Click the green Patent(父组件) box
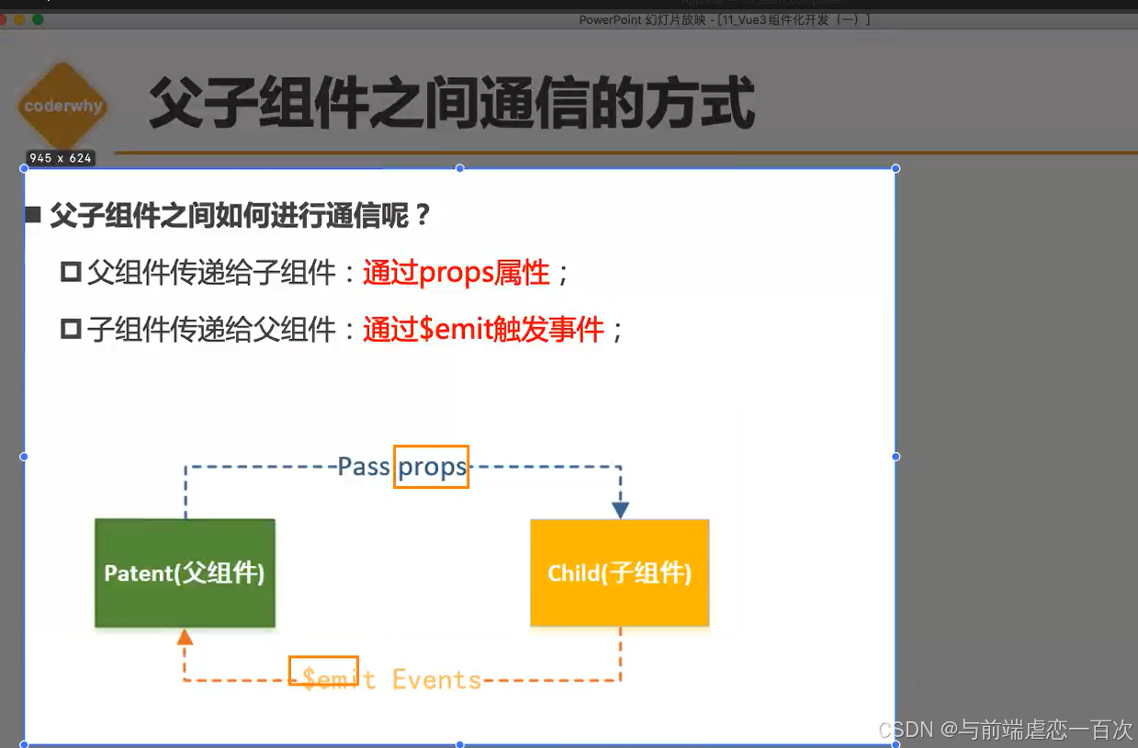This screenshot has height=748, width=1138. [x=185, y=573]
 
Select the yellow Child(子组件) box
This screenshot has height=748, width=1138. [x=620, y=573]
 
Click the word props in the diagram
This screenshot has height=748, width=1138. [x=432, y=467]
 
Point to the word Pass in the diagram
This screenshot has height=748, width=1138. [x=364, y=467]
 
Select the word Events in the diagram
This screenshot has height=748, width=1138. [x=437, y=680]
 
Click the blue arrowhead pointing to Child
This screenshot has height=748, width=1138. [x=621, y=509]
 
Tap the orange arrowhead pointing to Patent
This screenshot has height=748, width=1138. [x=185, y=637]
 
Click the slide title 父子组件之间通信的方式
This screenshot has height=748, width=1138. [x=452, y=103]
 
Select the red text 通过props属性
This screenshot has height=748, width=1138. [x=456, y=273]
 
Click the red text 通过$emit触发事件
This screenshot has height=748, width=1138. [x=483, y=329]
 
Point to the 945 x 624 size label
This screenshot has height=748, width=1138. [x=61, y=158]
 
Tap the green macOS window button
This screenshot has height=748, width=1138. [x=38, y=19]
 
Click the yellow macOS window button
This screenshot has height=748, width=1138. [x=20, y=19]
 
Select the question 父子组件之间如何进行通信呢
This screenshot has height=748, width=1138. [x=241, y=216]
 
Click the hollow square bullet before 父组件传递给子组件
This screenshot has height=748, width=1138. [x=71, y=273]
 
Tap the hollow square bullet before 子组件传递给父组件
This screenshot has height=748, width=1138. [x=71, y=329]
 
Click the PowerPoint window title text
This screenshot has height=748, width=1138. [x=725, y=20]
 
